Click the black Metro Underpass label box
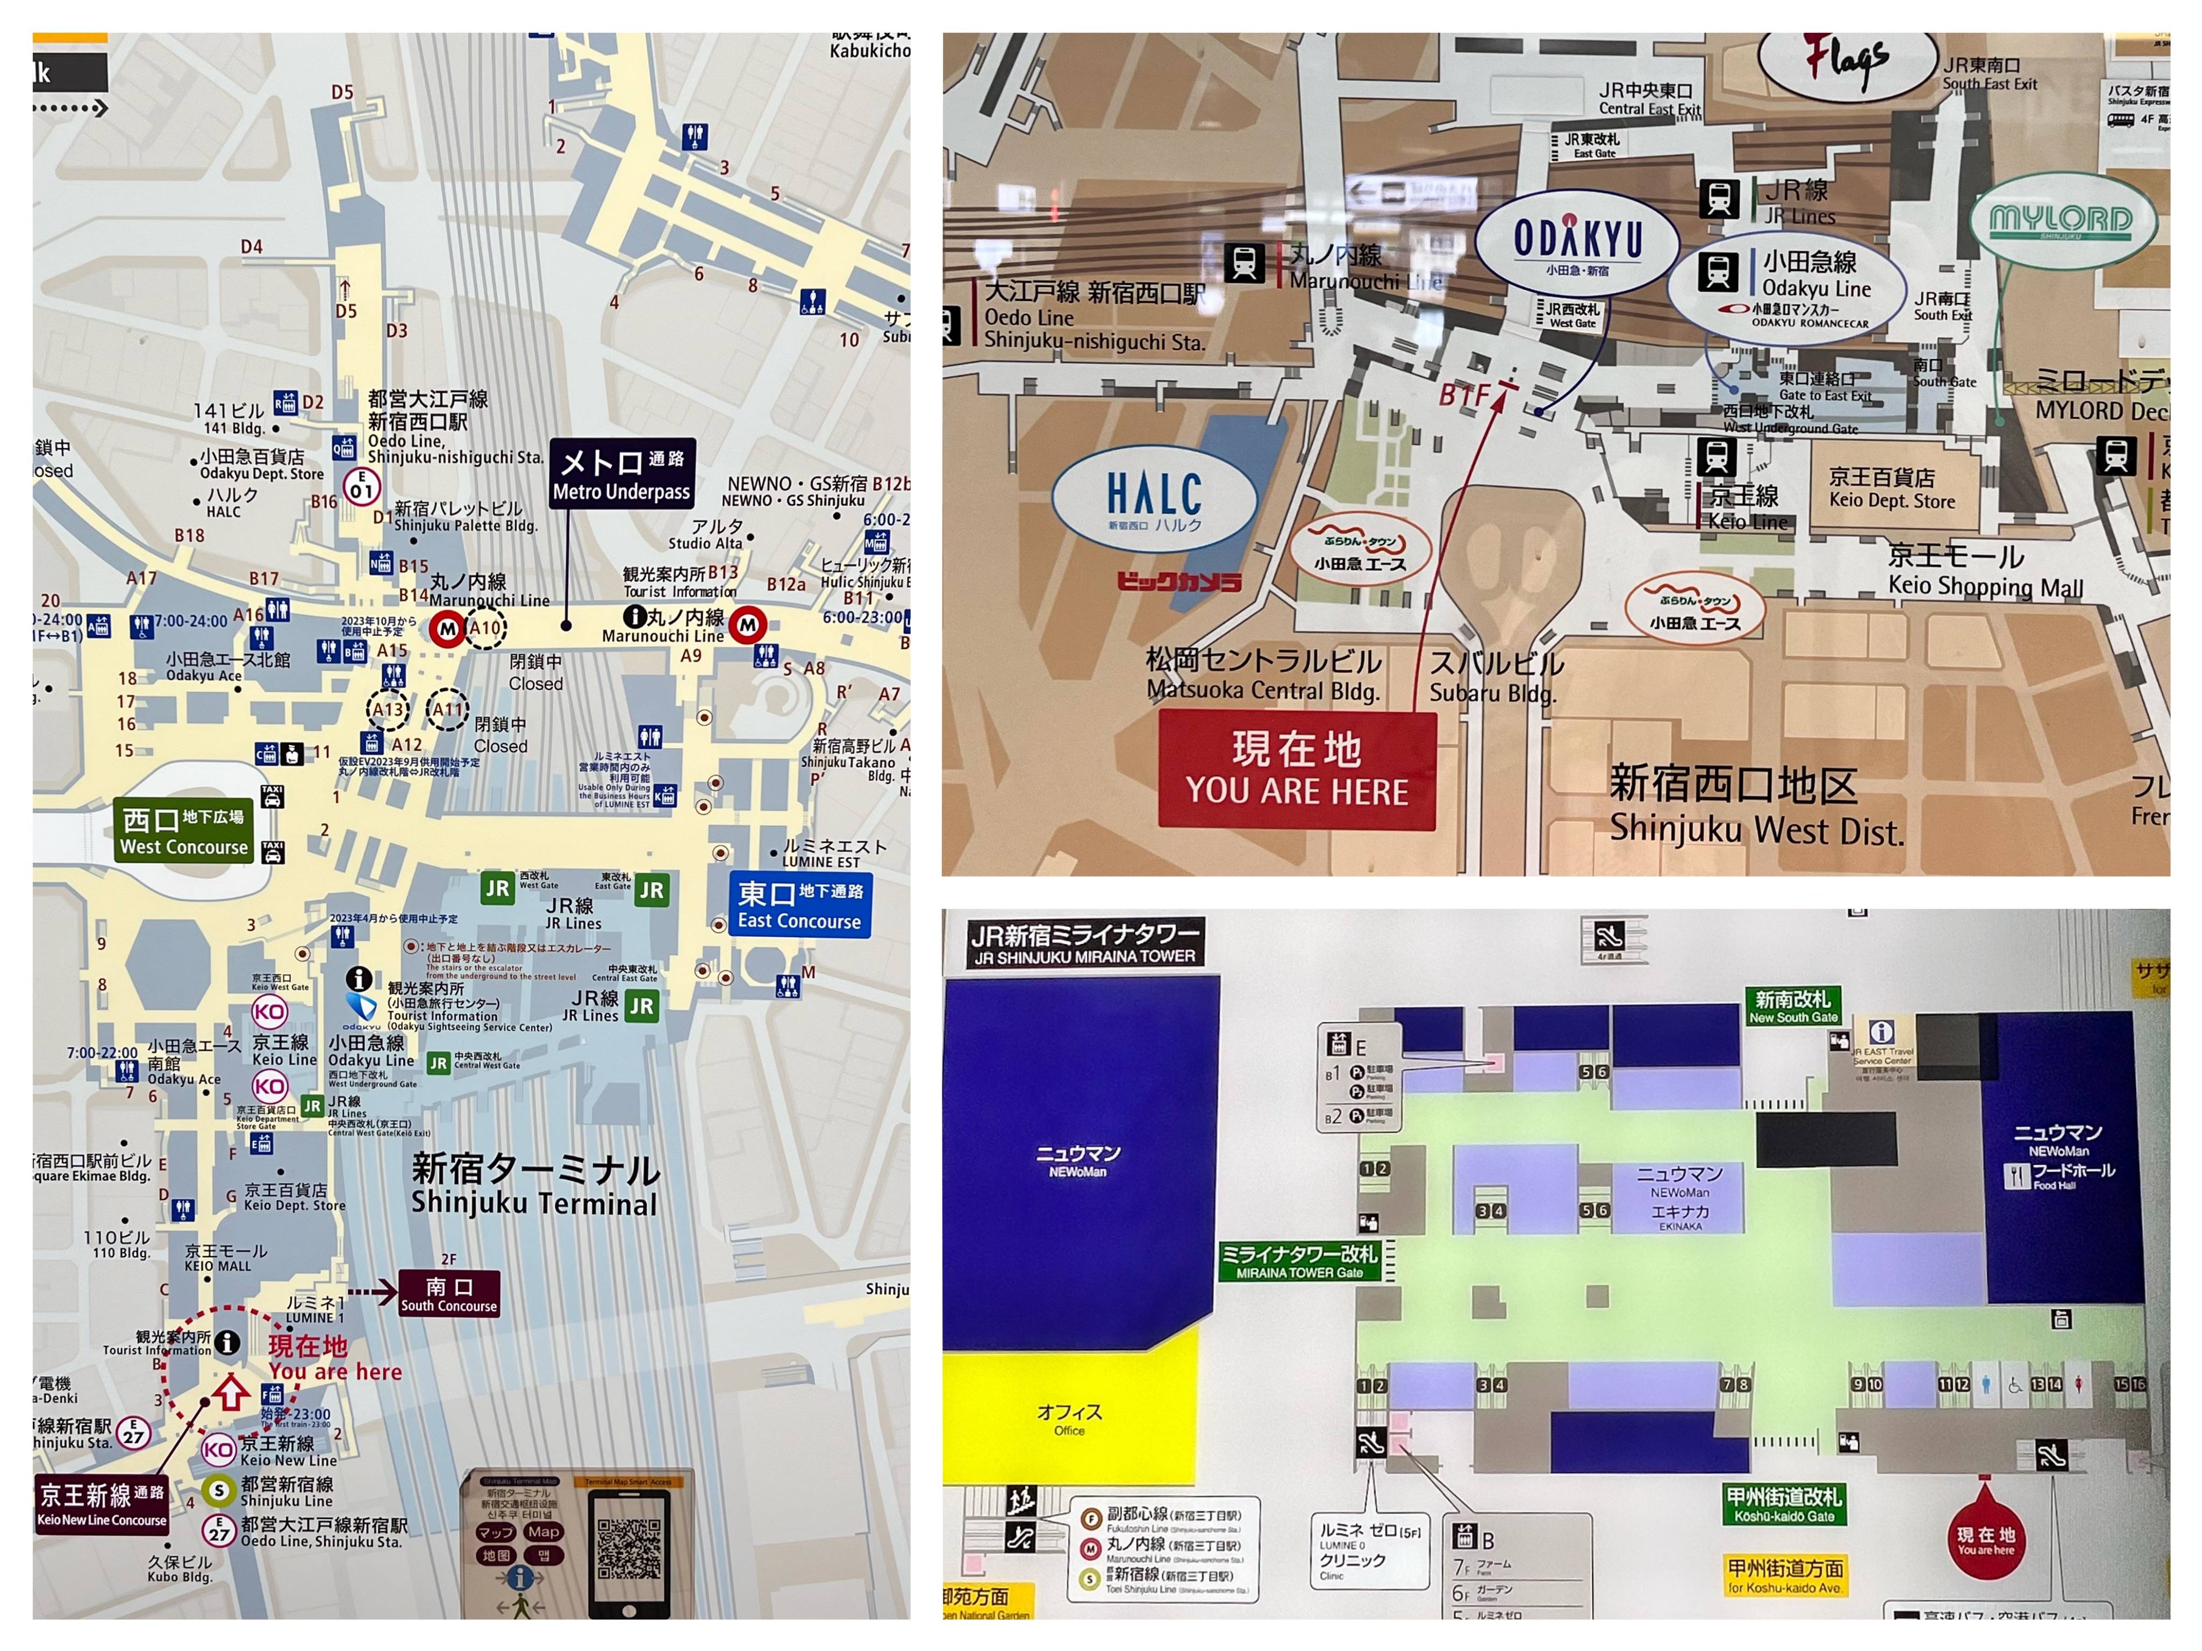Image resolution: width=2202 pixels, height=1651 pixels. [621, 473]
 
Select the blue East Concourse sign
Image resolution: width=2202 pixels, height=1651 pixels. [799, 905]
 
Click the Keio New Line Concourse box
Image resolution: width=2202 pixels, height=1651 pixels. [102, 1504]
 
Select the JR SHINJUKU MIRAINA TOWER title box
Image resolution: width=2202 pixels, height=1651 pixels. [1084, 943]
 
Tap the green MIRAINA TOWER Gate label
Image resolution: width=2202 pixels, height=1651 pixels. [1298, 1261]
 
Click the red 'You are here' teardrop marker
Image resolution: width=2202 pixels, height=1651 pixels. [1985, 1540]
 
